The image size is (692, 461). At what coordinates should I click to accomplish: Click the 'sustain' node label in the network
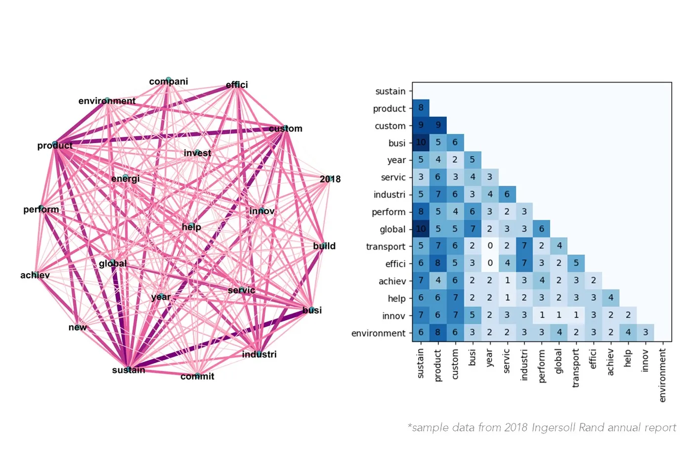(x=129, y=370)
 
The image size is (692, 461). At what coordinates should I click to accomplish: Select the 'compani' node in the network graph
(x=169, y=81)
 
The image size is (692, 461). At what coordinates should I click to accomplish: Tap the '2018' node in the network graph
(x=330, y=179)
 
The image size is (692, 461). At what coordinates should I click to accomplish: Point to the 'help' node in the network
(x=191, y=227)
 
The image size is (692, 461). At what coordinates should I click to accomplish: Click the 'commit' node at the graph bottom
(x=197, y=376)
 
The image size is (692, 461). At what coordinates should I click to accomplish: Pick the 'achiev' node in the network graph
(x=35, y=275)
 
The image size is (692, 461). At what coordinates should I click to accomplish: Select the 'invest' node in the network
(x=197, y=153)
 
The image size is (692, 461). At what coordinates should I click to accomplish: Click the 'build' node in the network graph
(x=324, y=246)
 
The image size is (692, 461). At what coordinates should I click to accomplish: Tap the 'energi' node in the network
(x=126, y=178)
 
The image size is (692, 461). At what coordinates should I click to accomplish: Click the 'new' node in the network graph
(x=78, y=327)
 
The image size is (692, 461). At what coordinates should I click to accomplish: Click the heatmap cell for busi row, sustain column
(x=421, y=142)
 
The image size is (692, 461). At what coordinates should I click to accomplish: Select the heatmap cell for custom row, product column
(x=438, y=125)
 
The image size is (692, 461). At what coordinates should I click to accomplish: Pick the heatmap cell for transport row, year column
(x=490, y=246)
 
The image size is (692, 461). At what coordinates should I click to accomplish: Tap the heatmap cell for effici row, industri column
(x=524, y=263)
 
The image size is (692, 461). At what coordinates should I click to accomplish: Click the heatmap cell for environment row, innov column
(x=646, y=333)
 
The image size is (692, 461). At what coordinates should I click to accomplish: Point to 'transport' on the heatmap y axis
(x=386, y=247)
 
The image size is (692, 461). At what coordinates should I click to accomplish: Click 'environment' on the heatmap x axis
(x=662, y=375)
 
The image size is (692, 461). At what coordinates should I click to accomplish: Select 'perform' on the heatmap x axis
(x=542, y=366)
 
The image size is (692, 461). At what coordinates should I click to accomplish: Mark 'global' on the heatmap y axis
(x=392, y=229)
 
